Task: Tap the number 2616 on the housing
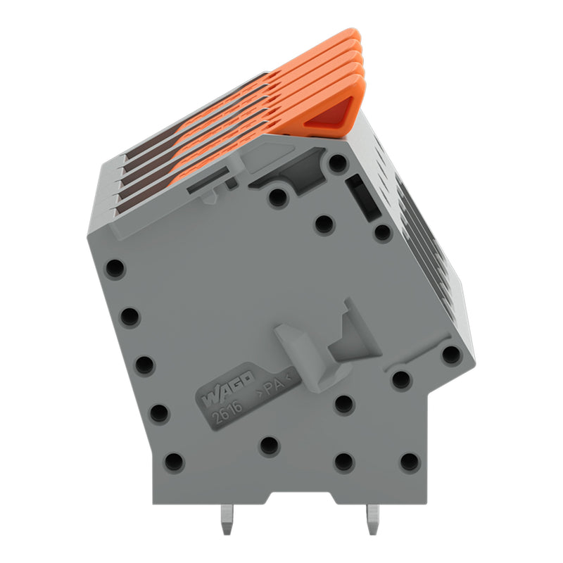(x=227, y=412)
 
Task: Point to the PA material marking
(x=274, y=386)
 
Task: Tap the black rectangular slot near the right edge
(x=363, y=197)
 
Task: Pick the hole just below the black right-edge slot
(x=383, y=233)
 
